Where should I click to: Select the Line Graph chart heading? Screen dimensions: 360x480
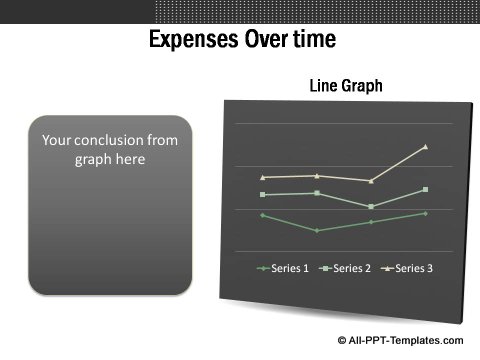(346, 87)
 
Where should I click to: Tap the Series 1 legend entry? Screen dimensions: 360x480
(284, 268)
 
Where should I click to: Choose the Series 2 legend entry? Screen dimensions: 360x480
(347, 268)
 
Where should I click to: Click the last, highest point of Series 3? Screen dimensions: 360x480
(426, 147)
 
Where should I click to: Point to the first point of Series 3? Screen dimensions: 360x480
(262, 177)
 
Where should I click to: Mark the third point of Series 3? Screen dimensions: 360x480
(371, 181)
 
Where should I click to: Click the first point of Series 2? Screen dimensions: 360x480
(262, 194)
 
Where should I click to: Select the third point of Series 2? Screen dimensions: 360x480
(371, 206)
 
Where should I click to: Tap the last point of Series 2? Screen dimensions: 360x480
(426, 189)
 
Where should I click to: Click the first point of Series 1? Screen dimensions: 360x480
(262, 215)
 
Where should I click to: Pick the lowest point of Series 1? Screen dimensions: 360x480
(317, 231)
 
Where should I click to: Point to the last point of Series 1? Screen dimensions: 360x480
(426, 213)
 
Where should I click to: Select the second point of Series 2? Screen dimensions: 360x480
(317, 193)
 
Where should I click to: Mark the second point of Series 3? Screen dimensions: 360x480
(317, 175)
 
